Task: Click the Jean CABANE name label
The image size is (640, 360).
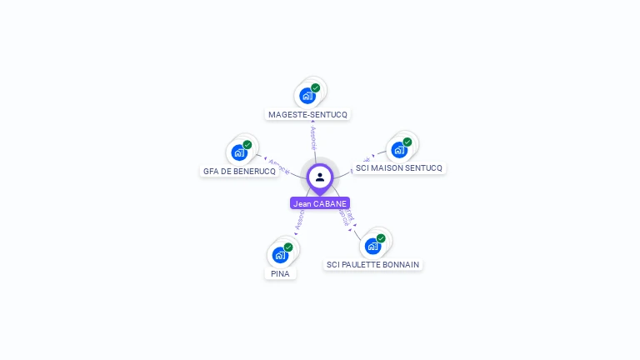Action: pyautogui.click(x=320, y=203)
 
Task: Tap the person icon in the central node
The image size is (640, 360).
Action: pyautogui.click(x=320, y=177)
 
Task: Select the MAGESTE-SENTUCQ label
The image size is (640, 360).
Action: pyautogui.click(x=307, y=114)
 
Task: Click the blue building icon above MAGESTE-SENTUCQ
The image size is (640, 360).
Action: pyautogui.click(x=307, y=96)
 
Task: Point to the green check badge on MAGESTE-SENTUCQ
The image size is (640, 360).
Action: pyautogui.click(x=316, y=87)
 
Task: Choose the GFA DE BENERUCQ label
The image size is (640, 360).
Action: pyautogui.click(x=239, y=171)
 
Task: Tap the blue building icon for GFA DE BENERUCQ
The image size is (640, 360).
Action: pyautogui.click(x=239, y=152)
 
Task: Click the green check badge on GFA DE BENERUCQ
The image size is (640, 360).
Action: pyautogui.click(x=247, y=144)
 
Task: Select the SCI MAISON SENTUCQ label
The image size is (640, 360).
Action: pyautogui.click(x=399, y=168)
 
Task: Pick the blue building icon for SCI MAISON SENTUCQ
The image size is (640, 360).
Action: pyautogui.click(x=399, y=150)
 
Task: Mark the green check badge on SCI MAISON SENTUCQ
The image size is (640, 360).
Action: pyautogui.click(x=407, y=142)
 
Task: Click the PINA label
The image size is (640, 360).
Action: pyautogui.click(x=280, y=273)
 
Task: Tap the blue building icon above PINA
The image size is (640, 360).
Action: pyautogui.click(x=280, y=255)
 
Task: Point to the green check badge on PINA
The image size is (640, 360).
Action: pyautogui.click(x=288, y=247)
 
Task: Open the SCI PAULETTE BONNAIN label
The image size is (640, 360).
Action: pyautogui.click(x=372, y=264)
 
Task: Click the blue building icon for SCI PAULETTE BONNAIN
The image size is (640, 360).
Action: pyautogui.click(x=372, y=246)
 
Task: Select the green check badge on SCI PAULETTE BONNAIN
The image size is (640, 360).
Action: pyautogui.click(x=381, y=237)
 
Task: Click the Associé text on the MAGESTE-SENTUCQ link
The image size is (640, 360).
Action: pyautogui.click(x=312, y=138)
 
